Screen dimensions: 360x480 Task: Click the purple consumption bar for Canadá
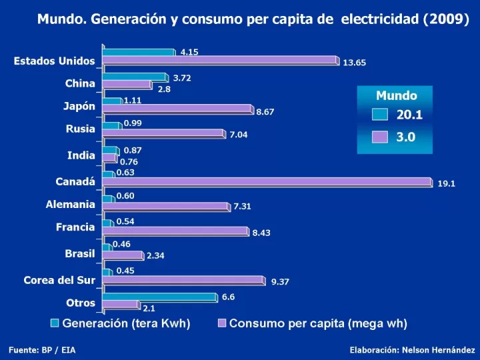pyautogui.click(x=267, y=181)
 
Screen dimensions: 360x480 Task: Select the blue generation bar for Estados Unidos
pyautogui.click(x=138, y=52)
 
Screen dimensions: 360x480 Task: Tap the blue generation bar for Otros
pyautogui.click(x=159, y=297)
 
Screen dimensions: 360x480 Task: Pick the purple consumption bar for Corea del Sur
pyautogui.click(x=183, y=280)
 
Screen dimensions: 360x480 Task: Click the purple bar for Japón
pyautogui.click(x=177, y=109)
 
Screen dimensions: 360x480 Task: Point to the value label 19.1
pyautogui.click(x=446, y=184)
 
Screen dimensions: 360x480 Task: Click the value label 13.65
pyautogui.click(x=354, y=63)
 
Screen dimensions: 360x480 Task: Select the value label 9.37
pyautogui.click(x=280, y=282)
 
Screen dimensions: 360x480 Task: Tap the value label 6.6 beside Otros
pyautogui.click(x=228, y=297)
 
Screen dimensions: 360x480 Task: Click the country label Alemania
pyautogui.click(x=70, y=205)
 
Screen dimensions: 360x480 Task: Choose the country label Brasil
pyautogui.click(x=79, y=253)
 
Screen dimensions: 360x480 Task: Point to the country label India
pyautogui.click(x=81, y=155)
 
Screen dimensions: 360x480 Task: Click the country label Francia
pyautogui.click(x=75, y=227)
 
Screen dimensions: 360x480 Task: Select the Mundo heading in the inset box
pyautogui.click(x=396, y=96)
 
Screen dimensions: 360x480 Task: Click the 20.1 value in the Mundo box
pyautogui.click(x=409, y=115)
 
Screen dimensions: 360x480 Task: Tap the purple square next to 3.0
pyautogui.click(x=379, y=137)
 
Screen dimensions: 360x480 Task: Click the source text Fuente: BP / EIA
pyautogui.click(x=42, y=349)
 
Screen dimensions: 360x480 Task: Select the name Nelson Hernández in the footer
pyautogui.click(x=441, y=349)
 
